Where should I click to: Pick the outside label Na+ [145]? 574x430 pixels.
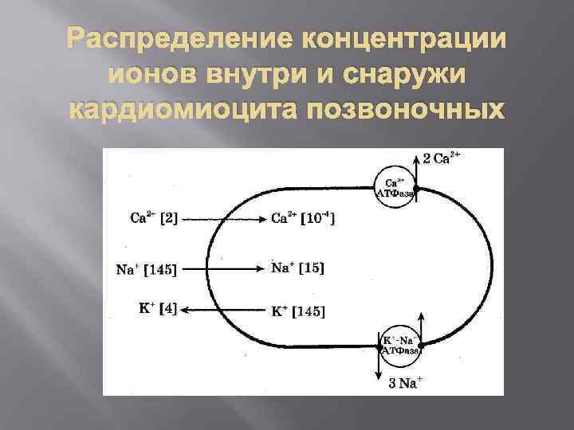pyautogui.click(x=146, y=269)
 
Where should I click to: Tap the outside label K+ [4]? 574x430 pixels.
pyautogui.click(x=158, y=309)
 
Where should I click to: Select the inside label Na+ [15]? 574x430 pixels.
pyautogui.click(x=297, y=268)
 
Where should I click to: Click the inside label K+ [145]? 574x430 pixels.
pyautogui.click(x=298, y=311)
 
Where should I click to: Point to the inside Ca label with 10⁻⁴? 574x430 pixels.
pyautogui.click(x=302, y=218)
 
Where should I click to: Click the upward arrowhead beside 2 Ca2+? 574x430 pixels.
pyautogui.click(x=418, y=157)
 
